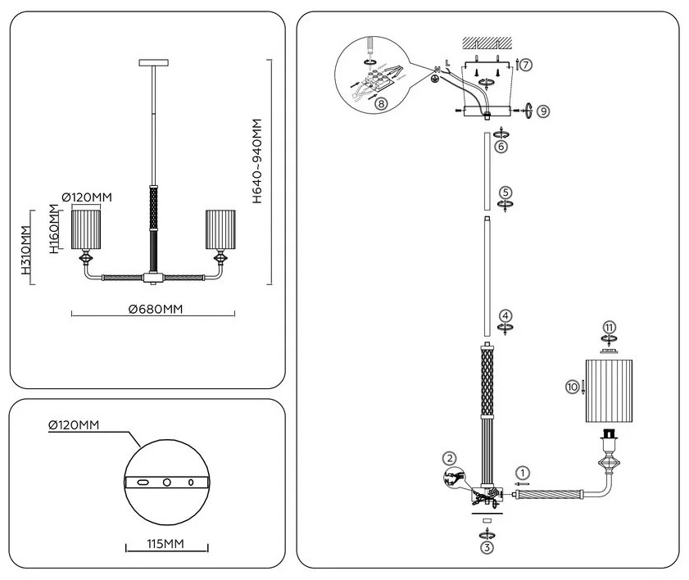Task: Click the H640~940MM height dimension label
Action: (x=257, y=161)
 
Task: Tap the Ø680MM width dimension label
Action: (x=156, y=310)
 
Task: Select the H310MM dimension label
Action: (x=27, y=250)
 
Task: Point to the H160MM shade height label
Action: (x=53, y=229)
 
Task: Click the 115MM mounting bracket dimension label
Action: (x=165, y=544)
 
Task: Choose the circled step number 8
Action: (x=381, y=103)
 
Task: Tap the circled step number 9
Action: (x=543, y=111)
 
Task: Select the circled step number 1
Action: (x=523, y=474)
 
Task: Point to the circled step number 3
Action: (x=487, y=547)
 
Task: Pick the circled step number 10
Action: (x=572, y=387)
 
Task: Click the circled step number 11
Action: (x=609, y=328)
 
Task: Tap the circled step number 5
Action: (x=505, y=193)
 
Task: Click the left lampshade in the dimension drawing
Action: (x=86, y=229)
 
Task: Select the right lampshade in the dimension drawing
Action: (x=220, y=229)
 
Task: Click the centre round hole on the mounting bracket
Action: (x=167, y=482)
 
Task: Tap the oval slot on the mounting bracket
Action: (x=143, y=482)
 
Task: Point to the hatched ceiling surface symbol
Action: (x=487, y=43)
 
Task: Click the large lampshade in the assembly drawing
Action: (x=609, y=391)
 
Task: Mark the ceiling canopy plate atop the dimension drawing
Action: (x=154, y=63)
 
